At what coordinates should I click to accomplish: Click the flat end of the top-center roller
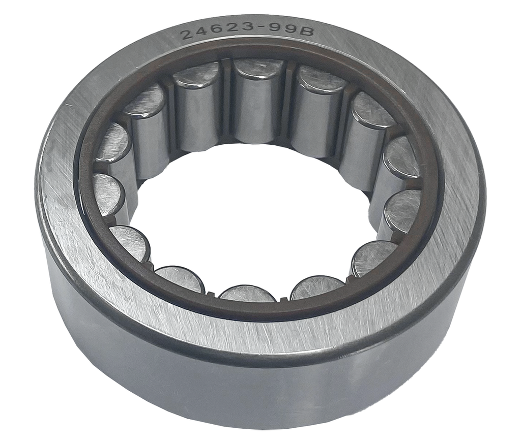[x=258, y=69]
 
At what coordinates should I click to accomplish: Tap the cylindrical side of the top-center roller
[x=258, y=112]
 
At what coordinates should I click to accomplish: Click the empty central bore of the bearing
[x=254, y=213]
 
